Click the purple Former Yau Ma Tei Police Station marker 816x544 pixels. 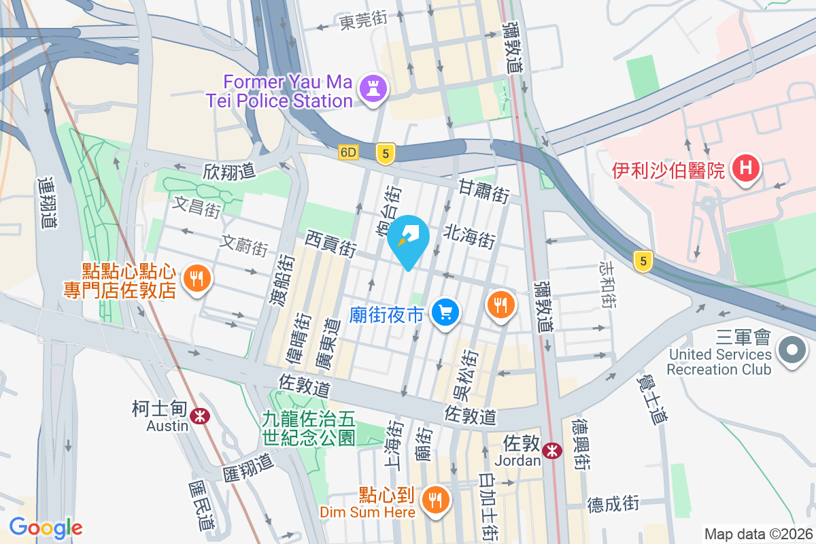[x=373, y=88]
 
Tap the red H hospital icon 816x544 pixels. [x=745, y=169]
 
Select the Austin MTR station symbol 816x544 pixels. [x=199, y=414]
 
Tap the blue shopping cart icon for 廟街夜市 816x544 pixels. [x=446, y=313]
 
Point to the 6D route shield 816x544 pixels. [x=349, y=154]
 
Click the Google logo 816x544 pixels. [x=46, y=527]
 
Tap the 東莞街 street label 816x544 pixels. [x=363, y=20]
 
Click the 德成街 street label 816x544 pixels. [x=613, y=504]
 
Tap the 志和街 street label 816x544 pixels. [x=608, y=284]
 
